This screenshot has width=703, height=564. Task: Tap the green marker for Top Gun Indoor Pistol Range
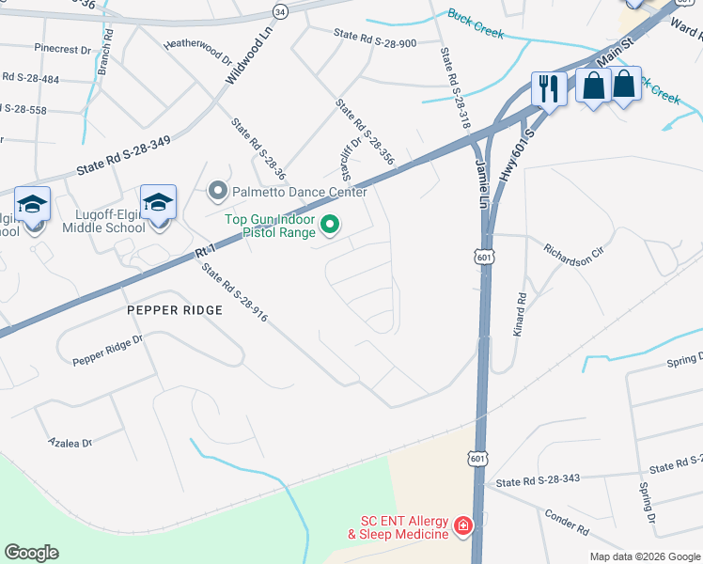coord(330,225)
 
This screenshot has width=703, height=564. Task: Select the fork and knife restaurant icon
coord(547,88)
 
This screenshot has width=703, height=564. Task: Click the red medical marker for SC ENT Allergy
coord(463,525)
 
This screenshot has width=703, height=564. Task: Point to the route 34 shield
coord(279,10)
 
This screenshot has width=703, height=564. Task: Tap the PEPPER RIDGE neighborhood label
coord(175,309)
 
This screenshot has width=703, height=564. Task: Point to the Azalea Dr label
coord(70,442)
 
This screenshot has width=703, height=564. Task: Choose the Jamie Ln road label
coord(484,181)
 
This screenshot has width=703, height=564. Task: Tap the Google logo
coord(31,553)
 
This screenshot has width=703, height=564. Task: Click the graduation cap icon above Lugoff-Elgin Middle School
coord(159,202)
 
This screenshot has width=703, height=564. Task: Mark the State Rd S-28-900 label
coord(374,39)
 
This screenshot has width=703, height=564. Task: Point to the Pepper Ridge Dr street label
coord(108,350)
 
